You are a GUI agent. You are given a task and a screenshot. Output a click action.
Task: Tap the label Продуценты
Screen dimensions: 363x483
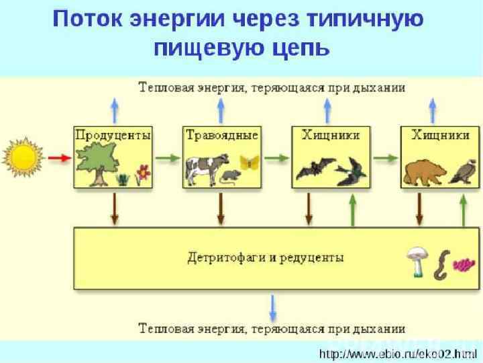click(113, 134)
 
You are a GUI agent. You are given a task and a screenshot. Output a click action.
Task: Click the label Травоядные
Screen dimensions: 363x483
click(221, 134)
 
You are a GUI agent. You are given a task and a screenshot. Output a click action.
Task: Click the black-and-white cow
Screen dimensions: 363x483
click(204, 168)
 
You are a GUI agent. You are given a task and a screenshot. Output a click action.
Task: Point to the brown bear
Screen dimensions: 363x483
click(422, 171)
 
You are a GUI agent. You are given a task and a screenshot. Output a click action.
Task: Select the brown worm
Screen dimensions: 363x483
click(442, 265)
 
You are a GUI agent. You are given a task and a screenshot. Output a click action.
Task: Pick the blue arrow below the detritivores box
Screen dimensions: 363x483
click(272, 308)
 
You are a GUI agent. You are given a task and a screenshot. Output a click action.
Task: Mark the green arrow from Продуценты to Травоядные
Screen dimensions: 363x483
click(168, 159)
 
